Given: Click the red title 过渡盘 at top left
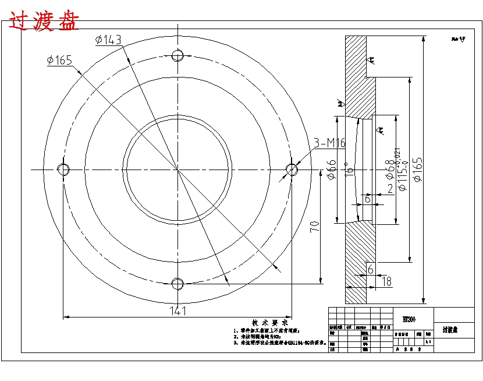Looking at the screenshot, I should coord(44,22).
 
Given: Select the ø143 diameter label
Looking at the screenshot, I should coord(108,40).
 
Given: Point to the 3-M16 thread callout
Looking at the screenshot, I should coord(330,143).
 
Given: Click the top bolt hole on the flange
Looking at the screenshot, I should coord(178,55).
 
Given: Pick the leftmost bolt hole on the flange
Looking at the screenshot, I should coord(63,169).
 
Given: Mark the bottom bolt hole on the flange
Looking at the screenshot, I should coord(177,284).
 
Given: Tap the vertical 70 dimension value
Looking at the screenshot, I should coord(315,227).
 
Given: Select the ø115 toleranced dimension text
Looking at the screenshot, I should coord(401,170).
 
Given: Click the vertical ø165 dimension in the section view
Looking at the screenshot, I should coord(418,169).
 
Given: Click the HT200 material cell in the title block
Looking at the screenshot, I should coord(409,319).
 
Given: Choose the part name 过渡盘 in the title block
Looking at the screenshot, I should coord(450,330).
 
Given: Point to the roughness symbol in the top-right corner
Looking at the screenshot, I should coord(459,40).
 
